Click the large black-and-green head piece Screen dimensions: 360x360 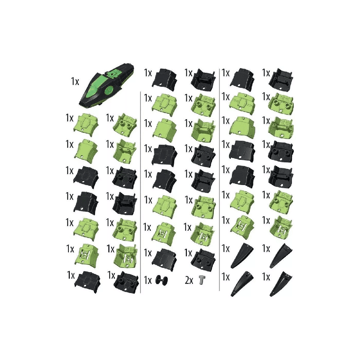[106, 87]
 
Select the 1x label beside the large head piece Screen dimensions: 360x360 [75, 81]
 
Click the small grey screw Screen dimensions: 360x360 [202, 280]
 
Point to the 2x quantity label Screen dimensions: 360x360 [189, 280]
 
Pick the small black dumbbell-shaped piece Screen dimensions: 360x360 [162, 280]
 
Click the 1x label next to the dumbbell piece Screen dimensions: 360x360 [148, 280]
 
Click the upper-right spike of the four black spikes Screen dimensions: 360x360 [280, 256]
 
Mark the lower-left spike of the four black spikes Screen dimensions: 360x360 [242, 284]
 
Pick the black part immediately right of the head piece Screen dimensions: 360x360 [165, 77]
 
